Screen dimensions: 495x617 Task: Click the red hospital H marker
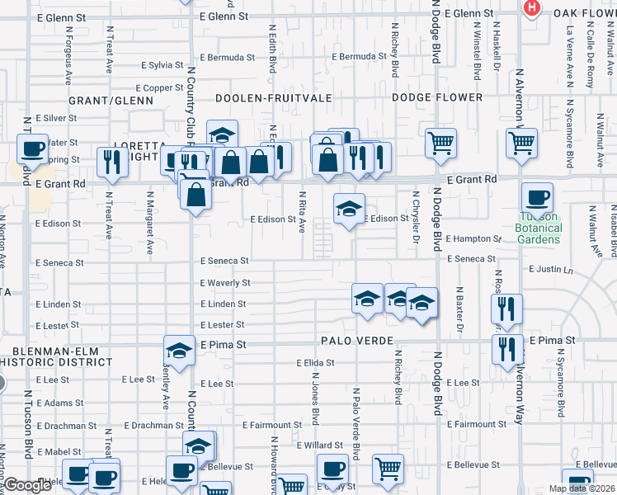pos(532,7)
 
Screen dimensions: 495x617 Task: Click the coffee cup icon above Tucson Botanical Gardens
pos(537,198)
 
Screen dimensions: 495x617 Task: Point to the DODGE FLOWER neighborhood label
pos(436,98)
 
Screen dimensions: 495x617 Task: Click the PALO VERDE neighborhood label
pos(356,341)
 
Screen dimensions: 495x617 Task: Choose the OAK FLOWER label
pos(584,13)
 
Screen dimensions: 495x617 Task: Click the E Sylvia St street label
pos(162,64)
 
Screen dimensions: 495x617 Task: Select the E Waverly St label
pos(224,283)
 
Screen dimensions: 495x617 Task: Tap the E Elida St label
pos(313,363)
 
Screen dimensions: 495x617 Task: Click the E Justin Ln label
pos(551,270)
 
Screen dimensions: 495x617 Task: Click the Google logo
pos(28,485)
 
